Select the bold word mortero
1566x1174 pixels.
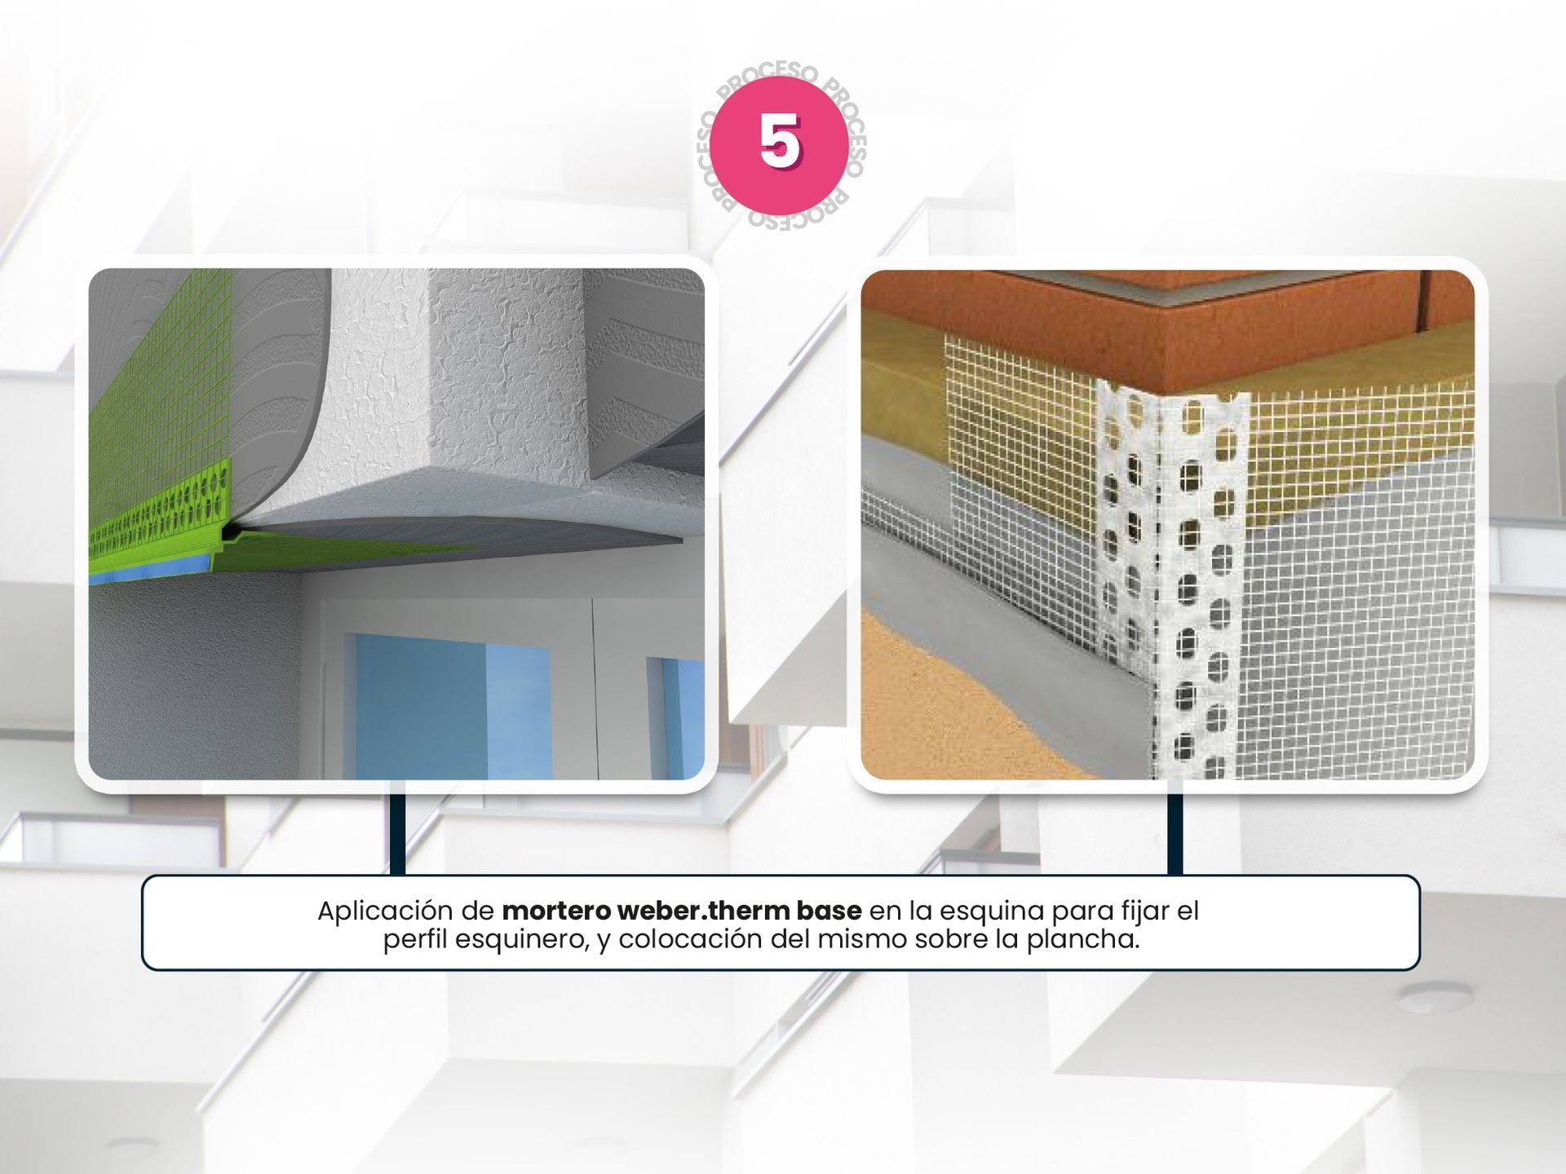pos(555,911)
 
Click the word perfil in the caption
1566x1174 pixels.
pos(415,941)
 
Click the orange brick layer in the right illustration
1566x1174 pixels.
pos(1158,326)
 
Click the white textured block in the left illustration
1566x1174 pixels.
pos(457,391)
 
